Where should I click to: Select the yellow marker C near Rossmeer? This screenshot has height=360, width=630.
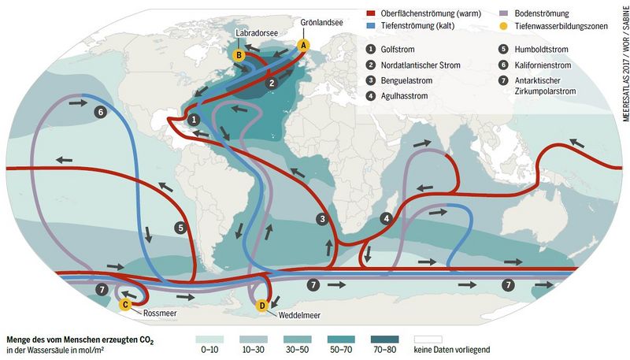pos(124,304)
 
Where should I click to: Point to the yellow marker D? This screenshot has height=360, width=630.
pos(263,306)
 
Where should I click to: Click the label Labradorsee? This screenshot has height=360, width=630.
pos(251,34)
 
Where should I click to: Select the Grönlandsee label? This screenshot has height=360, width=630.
pos(321,24)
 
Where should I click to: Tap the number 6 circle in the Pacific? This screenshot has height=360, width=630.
pos(121,113)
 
